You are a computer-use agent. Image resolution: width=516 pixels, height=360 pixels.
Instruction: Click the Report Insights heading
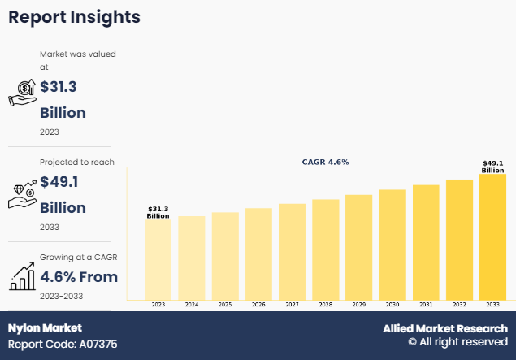tap(74, 16)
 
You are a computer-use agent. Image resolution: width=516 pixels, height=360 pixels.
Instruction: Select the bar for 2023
tap(158, 259)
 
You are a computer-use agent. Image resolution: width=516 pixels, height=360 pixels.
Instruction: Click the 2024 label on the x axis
tap(191, 304)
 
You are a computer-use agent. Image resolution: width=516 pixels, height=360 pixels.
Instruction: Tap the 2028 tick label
tap(325, 304)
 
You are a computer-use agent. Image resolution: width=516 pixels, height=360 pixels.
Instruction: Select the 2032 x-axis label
tap(459, 304)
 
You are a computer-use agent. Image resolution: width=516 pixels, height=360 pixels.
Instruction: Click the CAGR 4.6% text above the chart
tap(324, 162)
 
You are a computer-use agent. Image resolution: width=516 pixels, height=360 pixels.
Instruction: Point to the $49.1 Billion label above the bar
tap(492, 167)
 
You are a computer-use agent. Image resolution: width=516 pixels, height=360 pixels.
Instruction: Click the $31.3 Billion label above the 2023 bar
tap(158, 213)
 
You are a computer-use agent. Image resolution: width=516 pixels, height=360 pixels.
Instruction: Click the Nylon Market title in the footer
tap(45, 328)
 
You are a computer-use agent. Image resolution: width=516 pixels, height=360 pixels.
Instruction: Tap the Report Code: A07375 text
tap(63, 345)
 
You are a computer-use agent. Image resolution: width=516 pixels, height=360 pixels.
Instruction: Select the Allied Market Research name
tap(445, 328)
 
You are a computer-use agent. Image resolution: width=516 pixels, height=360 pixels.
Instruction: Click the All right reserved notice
tap(457, 344)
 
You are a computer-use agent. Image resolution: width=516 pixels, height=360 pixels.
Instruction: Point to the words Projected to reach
tap(77, 162)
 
